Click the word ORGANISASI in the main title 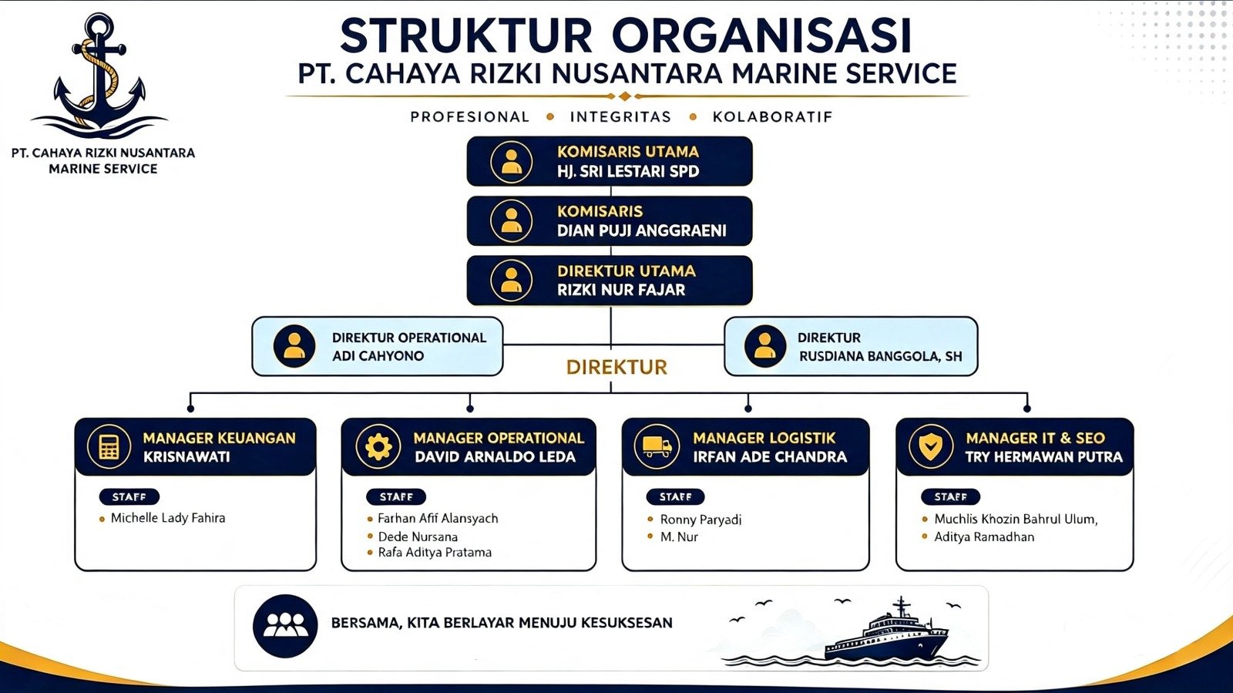point(761,36)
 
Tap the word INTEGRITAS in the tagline point(620,116)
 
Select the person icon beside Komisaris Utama point(511,162)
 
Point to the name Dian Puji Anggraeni point(641,230)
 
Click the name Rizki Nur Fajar point(621,290)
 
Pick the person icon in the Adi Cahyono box point(294,346)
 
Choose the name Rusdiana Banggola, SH point(880,356)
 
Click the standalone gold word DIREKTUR point(616,367)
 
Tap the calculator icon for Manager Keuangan point(109,446)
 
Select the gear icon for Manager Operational point(378,446)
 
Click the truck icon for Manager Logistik point(657,446)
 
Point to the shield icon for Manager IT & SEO point(931,446)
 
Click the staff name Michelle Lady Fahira point(168,518)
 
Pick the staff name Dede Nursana point(418,537)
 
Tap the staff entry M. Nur point(679,537)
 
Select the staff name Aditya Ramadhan point(984,537)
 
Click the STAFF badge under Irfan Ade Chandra point(675,496)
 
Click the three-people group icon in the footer point(285,626)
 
